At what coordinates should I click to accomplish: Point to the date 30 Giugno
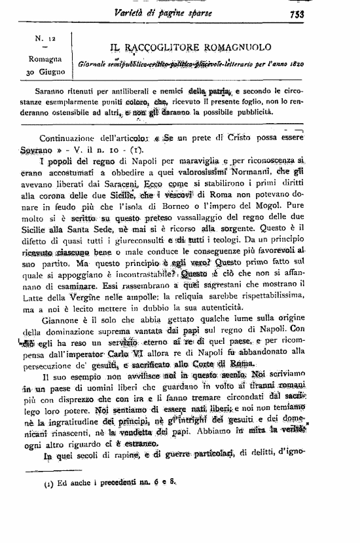pyautogui.click(x=46, y=71)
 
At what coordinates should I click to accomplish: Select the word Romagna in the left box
pyautogui.click(x=45, y=59)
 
